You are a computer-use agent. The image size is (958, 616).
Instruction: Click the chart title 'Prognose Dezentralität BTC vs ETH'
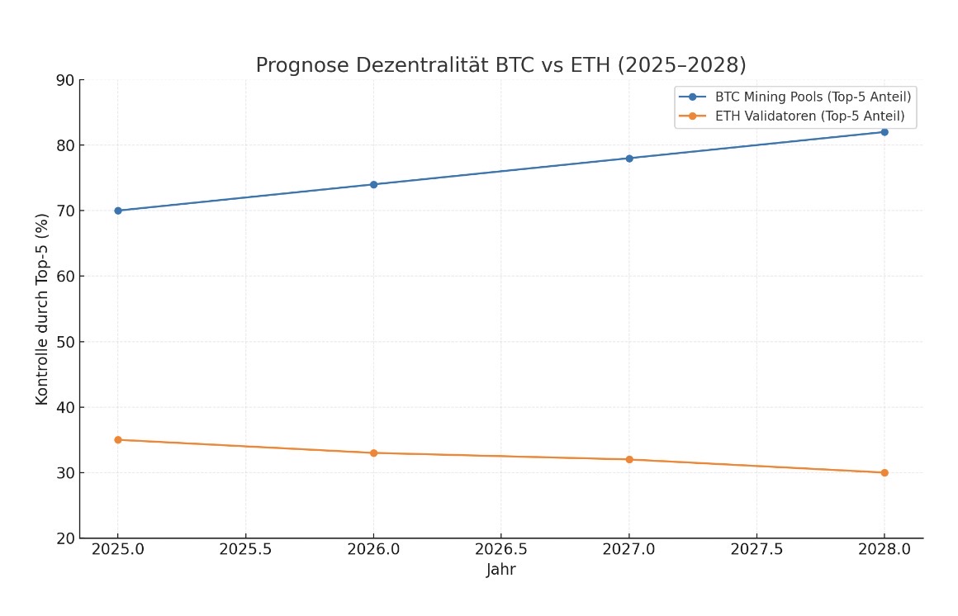pyautogui.click(x=500, y=65)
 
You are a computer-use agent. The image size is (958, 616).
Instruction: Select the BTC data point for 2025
pyautogui.click(x=118, y=211)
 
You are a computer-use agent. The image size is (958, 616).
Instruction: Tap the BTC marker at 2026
pyautogui.click(x=373, y=184)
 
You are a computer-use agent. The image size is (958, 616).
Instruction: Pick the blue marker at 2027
pyautogui.click(x=629, y=158)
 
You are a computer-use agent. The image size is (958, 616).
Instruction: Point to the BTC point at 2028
pyautogui.click(x=884, y=132)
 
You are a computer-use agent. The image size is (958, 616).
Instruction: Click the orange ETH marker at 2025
pyautogui.click(x=118, y=440)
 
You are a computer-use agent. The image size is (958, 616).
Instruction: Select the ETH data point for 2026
pyautogui.click(x=373, y=453)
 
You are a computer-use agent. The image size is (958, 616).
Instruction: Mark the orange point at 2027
pyautogui.click(x=629, y=459)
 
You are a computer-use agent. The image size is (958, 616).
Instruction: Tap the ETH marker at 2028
pyautogui.click(x=884, y=472)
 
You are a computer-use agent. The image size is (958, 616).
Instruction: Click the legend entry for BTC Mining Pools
pyautogui.click(x=813, y=97)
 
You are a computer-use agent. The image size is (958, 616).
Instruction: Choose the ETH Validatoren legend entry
pyautogui.click(x=809, y=116)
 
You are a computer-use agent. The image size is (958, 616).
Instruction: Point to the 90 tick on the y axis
pyautogui.click(x=64, y=80)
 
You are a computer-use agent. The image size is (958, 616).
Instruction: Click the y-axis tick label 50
pyautogui.click(x=64, y=342)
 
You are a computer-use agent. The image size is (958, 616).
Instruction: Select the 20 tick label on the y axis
pyautogui.click(x=64, y=538)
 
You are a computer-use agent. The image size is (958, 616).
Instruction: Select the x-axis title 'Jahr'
pyautogui.click(x=501, y=570)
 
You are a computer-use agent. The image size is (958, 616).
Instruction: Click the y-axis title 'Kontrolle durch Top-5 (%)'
pyautogui.click(x=42, y=309)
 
